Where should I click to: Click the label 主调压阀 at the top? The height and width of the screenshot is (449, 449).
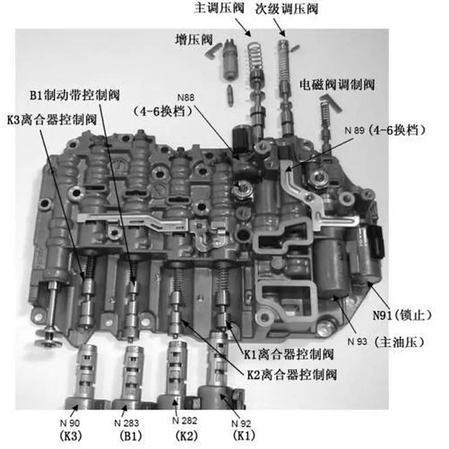pyautogui.click(x=219, y=8)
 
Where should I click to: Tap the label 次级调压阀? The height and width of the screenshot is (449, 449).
pyautogui.click(x=287, y=9)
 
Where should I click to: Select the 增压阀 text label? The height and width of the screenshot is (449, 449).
pyautogui.click(x=194, y=39)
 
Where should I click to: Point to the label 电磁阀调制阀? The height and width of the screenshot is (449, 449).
pyautogui.click(x=337, y=85)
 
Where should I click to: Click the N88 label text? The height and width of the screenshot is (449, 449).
pyautogui.click(x=186, y=98)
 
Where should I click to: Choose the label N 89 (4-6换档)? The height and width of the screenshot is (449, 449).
pyautogui.click(x=385, y=130)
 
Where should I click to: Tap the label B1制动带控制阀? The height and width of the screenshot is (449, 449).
pyautogui.click(x=75, y=95)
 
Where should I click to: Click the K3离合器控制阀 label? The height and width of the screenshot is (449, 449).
pyautogui.click(x=52, y=120)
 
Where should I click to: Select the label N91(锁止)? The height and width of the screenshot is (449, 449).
pyautogui.click(x=402, y=315)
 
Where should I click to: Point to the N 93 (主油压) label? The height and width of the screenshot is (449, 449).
pyautogui.click(x=386, y=342)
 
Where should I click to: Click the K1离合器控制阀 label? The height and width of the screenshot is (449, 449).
pyautogui.click(x=288, y=355)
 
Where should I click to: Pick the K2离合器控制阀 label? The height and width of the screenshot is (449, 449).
pyautogui.click(x=292, y=374)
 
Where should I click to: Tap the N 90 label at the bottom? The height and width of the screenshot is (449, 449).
pyautogui.click(x=70, y=423)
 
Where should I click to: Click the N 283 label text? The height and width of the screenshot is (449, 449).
pyautogui.click(x=126, y=423)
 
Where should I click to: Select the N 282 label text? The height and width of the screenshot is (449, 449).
pyautogui.click(x=185, y=420)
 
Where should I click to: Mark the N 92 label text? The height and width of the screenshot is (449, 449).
pyautogui.click(x=241, y=423)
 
